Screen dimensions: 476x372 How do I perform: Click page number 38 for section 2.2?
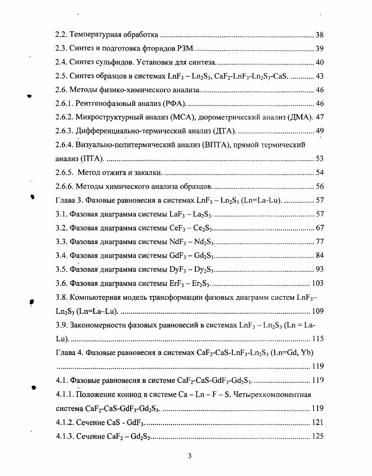[319, 35]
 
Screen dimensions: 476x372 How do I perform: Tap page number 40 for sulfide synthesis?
[319, 63]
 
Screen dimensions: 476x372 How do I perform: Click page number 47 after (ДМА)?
[320, 117]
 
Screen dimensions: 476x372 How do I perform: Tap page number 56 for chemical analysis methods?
[319, 186]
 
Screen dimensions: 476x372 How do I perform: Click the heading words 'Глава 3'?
[69, 201]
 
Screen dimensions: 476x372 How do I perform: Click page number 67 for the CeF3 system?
[319, 228]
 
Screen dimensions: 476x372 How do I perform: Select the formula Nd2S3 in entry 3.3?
[203, 242]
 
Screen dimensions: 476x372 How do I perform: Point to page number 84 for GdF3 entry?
[319, 256]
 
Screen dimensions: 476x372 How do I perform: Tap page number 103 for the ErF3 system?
[317, 283]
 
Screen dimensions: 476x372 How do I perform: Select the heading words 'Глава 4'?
[69, 353]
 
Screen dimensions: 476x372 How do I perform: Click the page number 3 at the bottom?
[190, 457]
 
